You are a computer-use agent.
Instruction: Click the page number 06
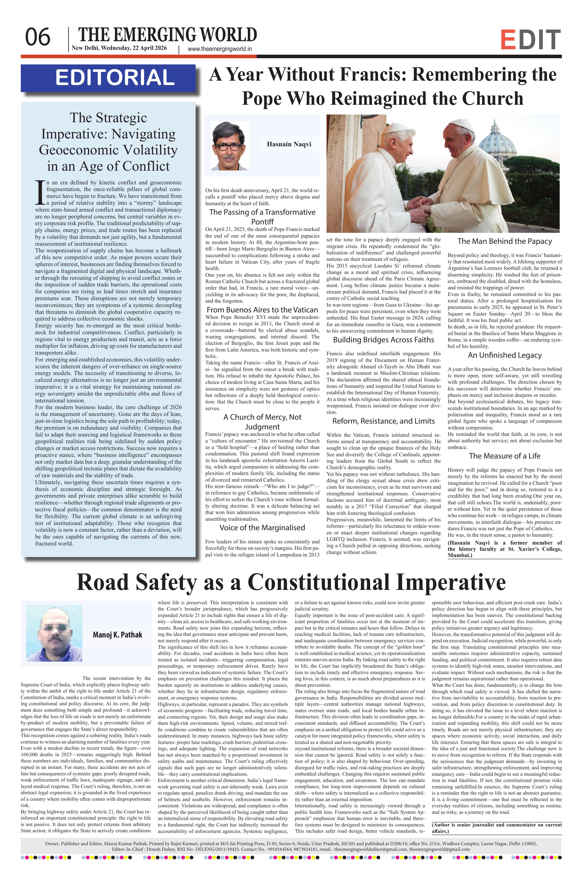click(37, 37)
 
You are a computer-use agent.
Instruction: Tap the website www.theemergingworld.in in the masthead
click(220, 49)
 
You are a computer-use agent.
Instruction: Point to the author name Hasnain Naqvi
click(289, 144)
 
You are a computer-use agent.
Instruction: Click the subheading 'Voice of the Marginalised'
click(262, 528)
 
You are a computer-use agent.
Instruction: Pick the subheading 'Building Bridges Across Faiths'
click(383, 340)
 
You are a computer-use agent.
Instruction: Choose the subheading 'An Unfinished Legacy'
click(504, 355)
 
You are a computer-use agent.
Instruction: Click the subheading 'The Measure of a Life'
click(504, 456)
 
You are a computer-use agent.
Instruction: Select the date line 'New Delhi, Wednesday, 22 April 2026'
click(119, 48)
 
